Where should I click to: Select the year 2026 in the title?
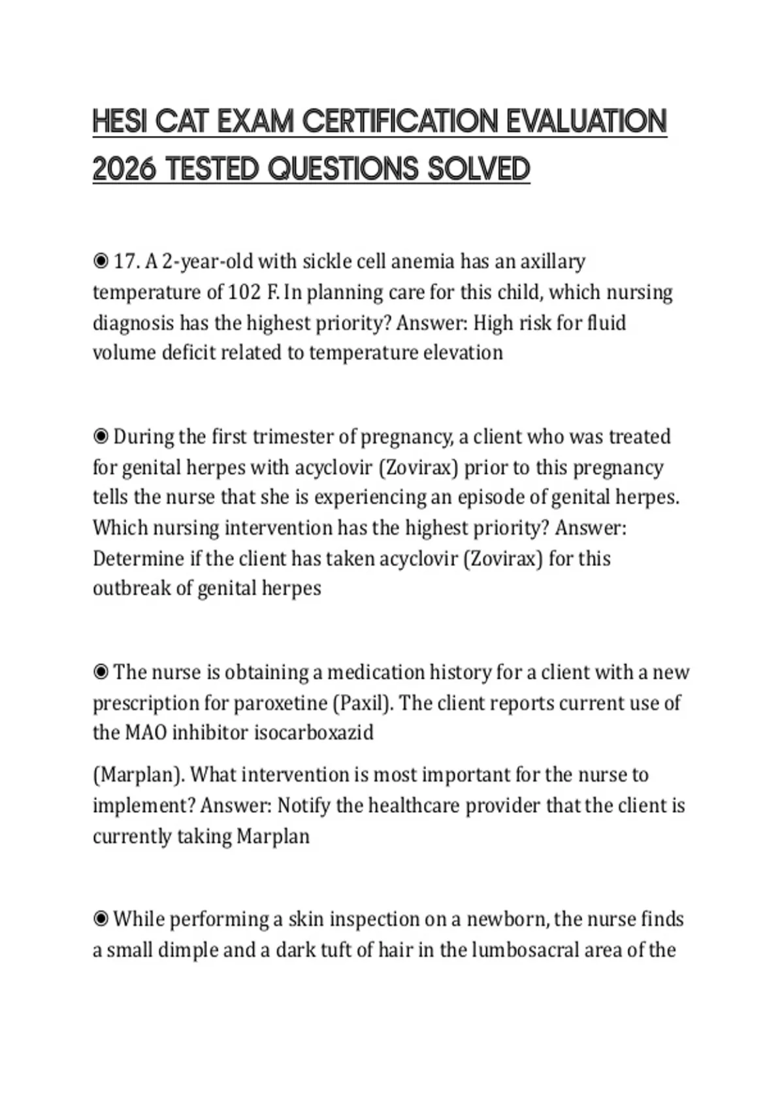124,169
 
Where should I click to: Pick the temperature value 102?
244,292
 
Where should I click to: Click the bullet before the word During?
101,437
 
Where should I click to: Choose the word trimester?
290,437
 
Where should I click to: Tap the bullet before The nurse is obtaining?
101,672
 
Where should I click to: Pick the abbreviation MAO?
145,733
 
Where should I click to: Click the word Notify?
303,805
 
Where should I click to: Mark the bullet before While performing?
101,919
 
